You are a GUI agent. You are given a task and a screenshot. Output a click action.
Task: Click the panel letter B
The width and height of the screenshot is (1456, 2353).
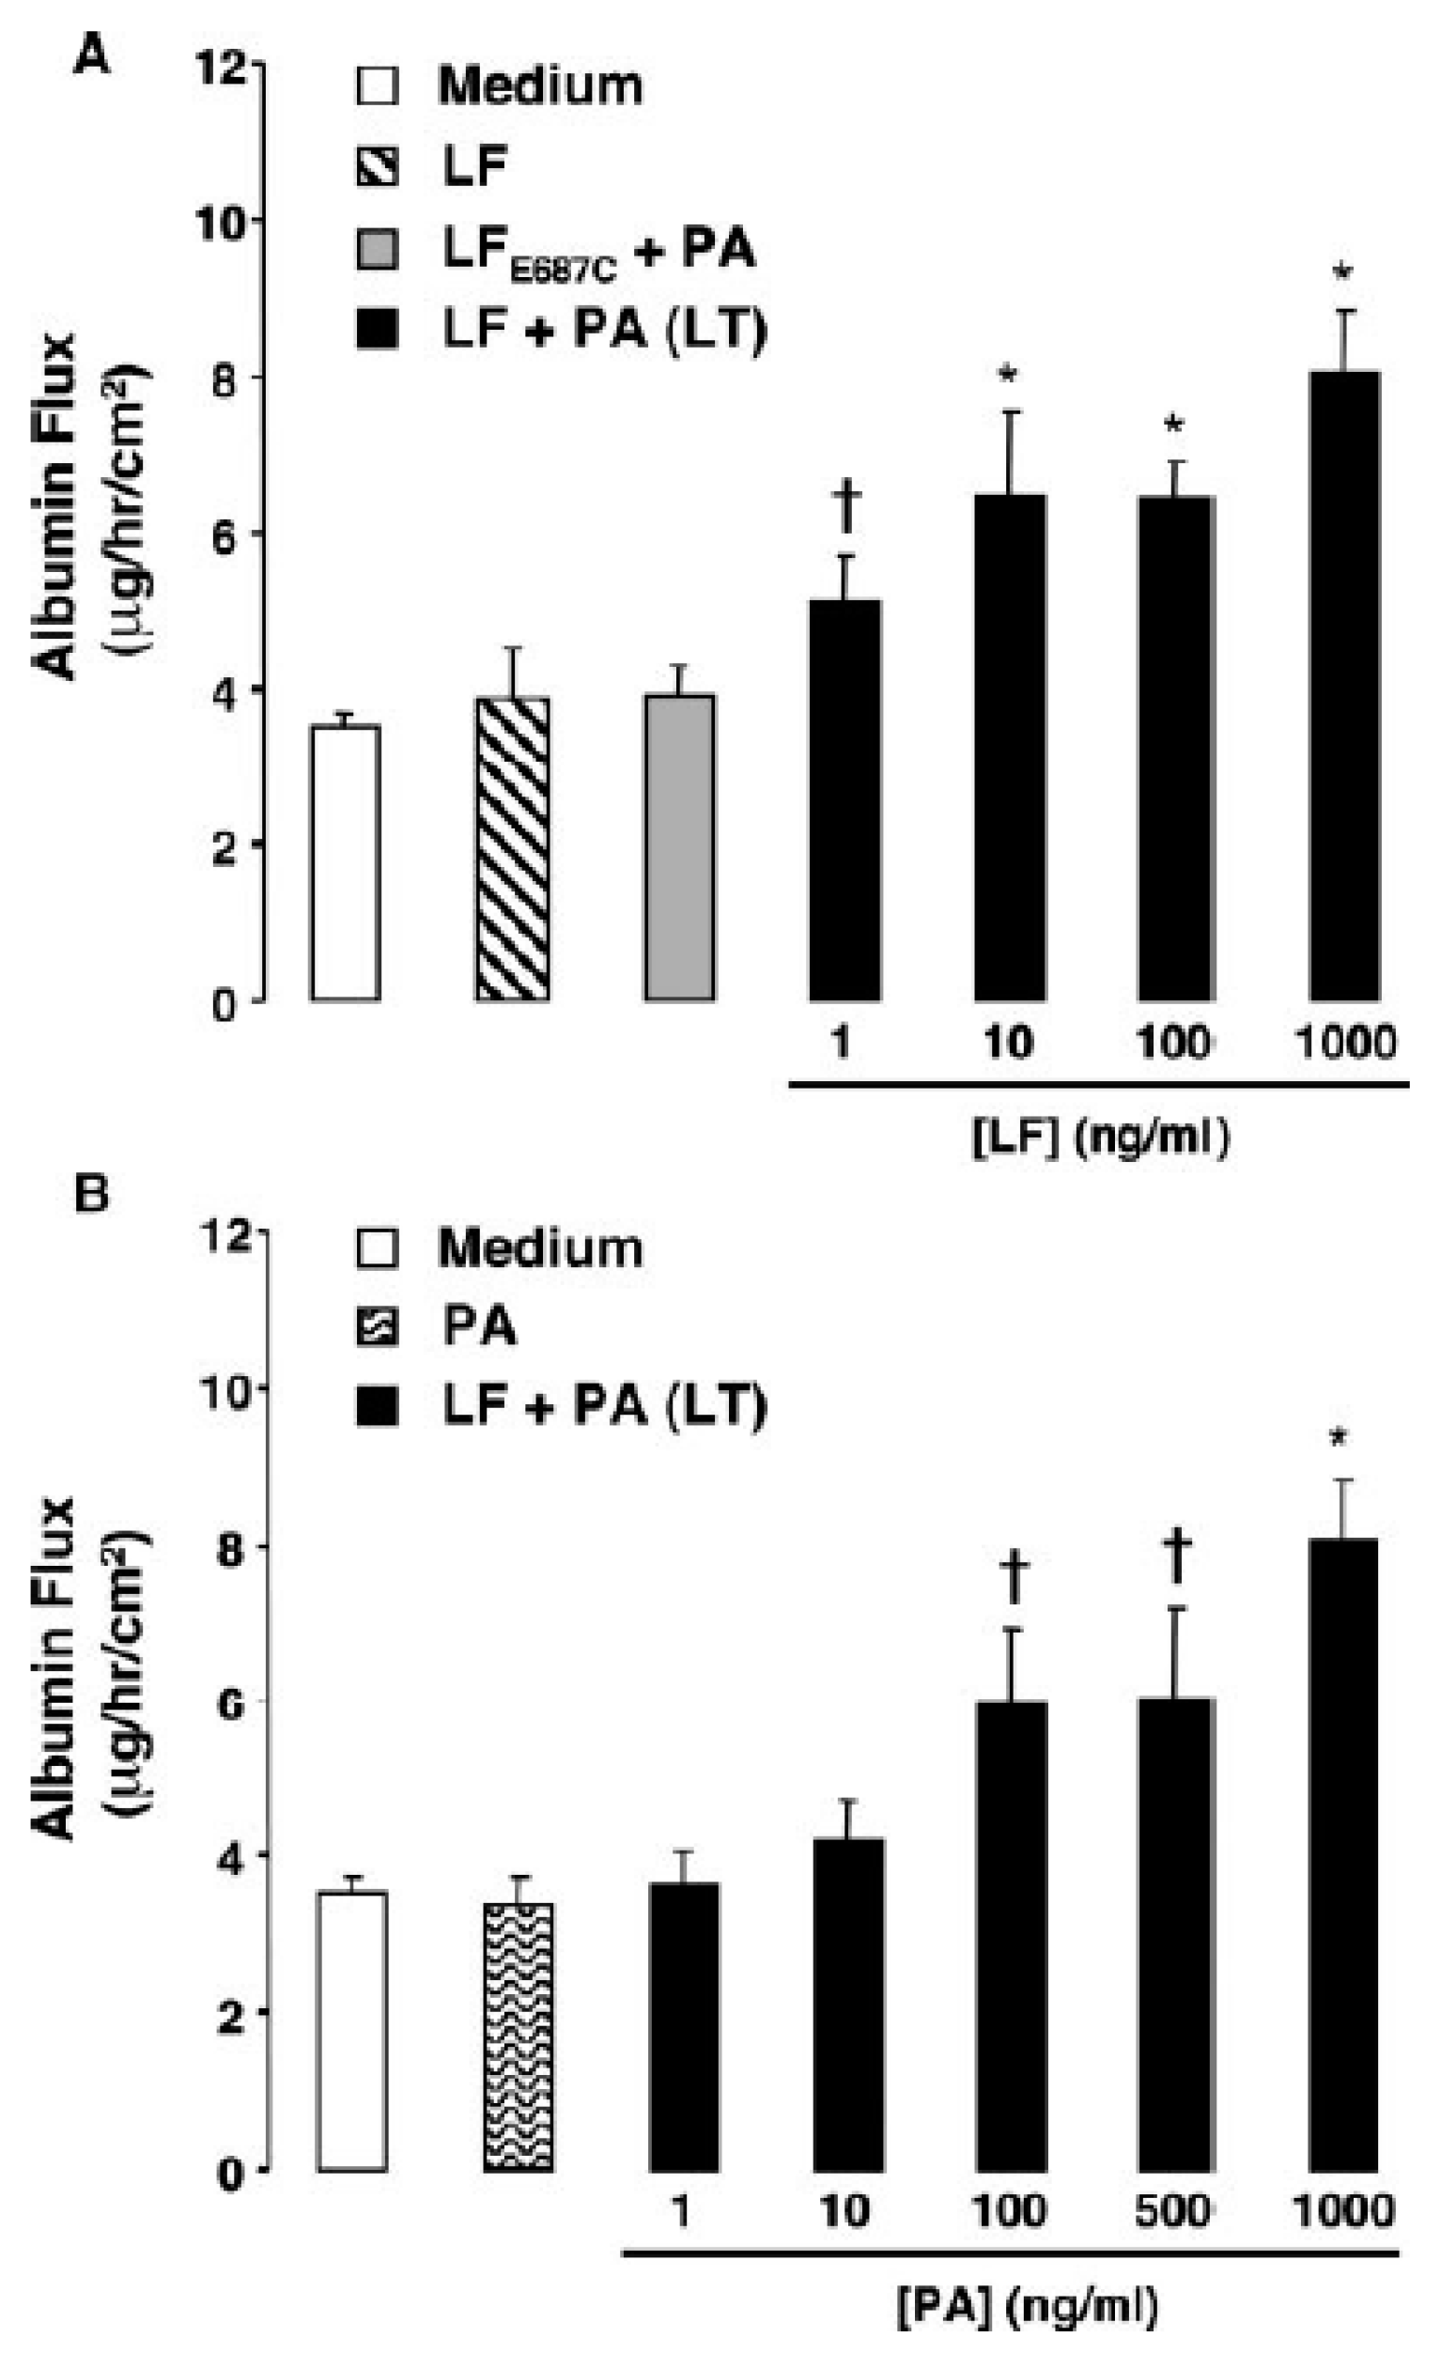pos(92,1197)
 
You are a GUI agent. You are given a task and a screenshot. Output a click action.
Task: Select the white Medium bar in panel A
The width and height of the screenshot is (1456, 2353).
pos(345,862)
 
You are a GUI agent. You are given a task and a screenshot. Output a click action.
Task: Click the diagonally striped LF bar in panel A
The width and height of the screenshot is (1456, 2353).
pos(512,849)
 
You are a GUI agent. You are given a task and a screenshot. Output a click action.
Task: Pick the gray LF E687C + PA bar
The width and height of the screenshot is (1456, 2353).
pos(679,847)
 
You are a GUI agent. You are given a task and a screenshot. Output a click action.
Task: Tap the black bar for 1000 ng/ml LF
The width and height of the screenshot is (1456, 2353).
pos(1344,686)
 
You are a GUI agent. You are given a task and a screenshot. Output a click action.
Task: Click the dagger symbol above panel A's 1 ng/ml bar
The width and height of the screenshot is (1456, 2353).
pos(846,507)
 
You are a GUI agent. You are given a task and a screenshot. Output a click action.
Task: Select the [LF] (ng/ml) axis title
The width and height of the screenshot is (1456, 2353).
pos(1100,1138)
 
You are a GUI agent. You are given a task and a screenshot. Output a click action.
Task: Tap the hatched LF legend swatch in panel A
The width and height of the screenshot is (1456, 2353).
pos(377,167)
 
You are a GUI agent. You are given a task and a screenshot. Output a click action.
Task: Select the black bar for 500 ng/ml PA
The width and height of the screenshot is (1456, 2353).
pos(1176,1933)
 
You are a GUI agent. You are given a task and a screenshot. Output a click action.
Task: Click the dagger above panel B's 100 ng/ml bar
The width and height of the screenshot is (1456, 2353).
pos(1014,1576)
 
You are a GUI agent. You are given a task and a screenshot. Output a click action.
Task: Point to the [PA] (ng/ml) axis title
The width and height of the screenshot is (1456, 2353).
pos(1028,2308)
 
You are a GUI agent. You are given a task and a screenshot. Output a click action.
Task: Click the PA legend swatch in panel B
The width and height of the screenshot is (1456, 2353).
pos(377,1328)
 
